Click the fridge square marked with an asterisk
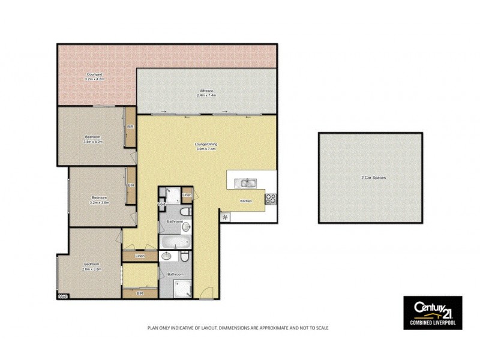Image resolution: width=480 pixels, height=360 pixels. point(225,217)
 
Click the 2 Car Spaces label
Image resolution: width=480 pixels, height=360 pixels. point(370,178)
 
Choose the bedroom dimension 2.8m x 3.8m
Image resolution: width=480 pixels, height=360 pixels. point(92,269)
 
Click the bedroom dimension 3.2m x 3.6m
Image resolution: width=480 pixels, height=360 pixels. point(98,202)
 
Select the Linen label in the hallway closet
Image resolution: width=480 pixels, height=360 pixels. point(139,256)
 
